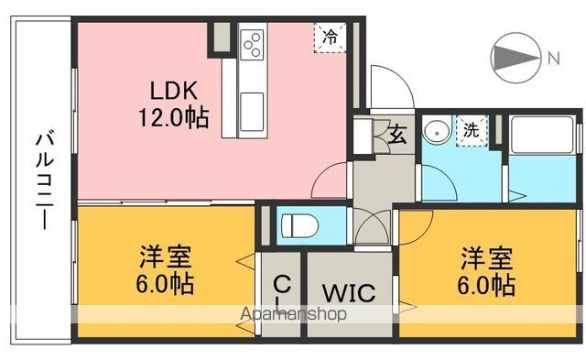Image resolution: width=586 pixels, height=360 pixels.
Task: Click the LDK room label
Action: click(170, 92)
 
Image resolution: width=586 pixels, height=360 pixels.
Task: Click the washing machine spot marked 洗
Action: click(470, 130)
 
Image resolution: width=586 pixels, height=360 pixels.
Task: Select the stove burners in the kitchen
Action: click(252, 43)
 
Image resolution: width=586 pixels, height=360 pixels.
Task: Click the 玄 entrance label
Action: click(399, 136)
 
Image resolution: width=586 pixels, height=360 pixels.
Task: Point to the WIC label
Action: click(348, 294)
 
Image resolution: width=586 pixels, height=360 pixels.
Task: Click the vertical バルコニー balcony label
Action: click(42, 181)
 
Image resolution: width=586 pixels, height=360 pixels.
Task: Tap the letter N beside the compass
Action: click(553, 58)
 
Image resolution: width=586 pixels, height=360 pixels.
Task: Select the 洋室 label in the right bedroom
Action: click(487, 257)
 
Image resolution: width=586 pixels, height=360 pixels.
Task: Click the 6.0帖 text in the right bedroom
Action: click(487, 284)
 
